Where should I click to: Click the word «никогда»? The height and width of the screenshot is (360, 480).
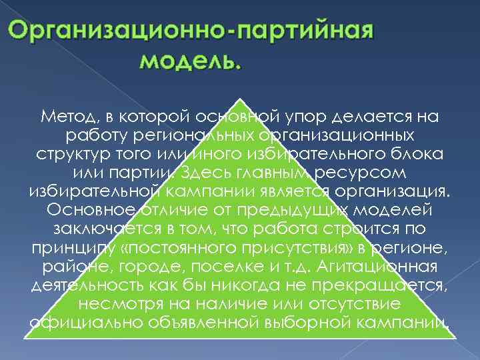coord(229,285)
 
